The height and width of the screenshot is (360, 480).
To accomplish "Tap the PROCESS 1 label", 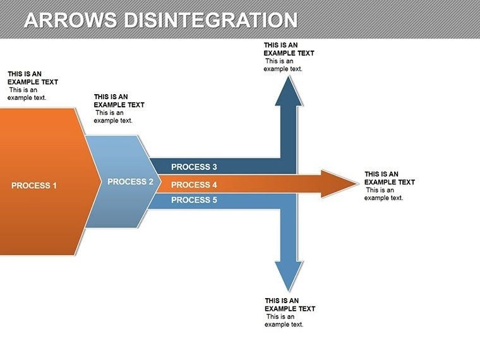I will point(34,186).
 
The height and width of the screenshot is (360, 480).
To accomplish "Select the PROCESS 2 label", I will point(131,182).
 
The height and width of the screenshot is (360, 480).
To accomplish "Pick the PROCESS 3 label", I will point(194,167).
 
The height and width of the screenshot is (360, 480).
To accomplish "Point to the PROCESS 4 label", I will point(194,185).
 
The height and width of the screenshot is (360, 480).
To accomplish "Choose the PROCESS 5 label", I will point(194,200).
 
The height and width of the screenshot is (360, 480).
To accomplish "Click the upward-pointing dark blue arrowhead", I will point(289,88).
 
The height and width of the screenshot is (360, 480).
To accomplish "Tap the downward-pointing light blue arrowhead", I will point(289,278).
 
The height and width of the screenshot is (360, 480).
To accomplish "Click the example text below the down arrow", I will point(290,313).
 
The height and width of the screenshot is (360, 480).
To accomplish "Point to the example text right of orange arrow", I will point(389,186).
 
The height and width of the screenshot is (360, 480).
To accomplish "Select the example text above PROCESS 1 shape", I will point(33,86).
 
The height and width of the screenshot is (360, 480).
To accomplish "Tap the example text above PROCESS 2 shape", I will point(119,109).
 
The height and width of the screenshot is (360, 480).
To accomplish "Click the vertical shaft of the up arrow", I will point(289,133).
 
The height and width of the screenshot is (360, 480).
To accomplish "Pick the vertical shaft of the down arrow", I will point(289,234).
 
